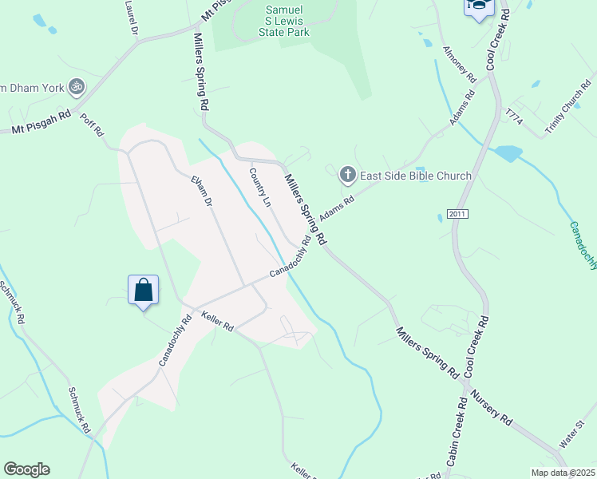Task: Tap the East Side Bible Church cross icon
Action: [x=347, y=174]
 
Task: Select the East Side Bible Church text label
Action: [x=415, y=176]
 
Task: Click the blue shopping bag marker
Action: [x=143, y=289]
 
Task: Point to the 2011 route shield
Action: [x=457, y=214]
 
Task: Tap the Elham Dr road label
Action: [x=201, y=193]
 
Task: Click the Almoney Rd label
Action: [x=459, y=65]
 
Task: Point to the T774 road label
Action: [x=513, y=116]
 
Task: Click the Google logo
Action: [x=26, y=469]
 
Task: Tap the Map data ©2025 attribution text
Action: [x=563, y=473]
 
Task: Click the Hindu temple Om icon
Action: [x=77, y=85]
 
